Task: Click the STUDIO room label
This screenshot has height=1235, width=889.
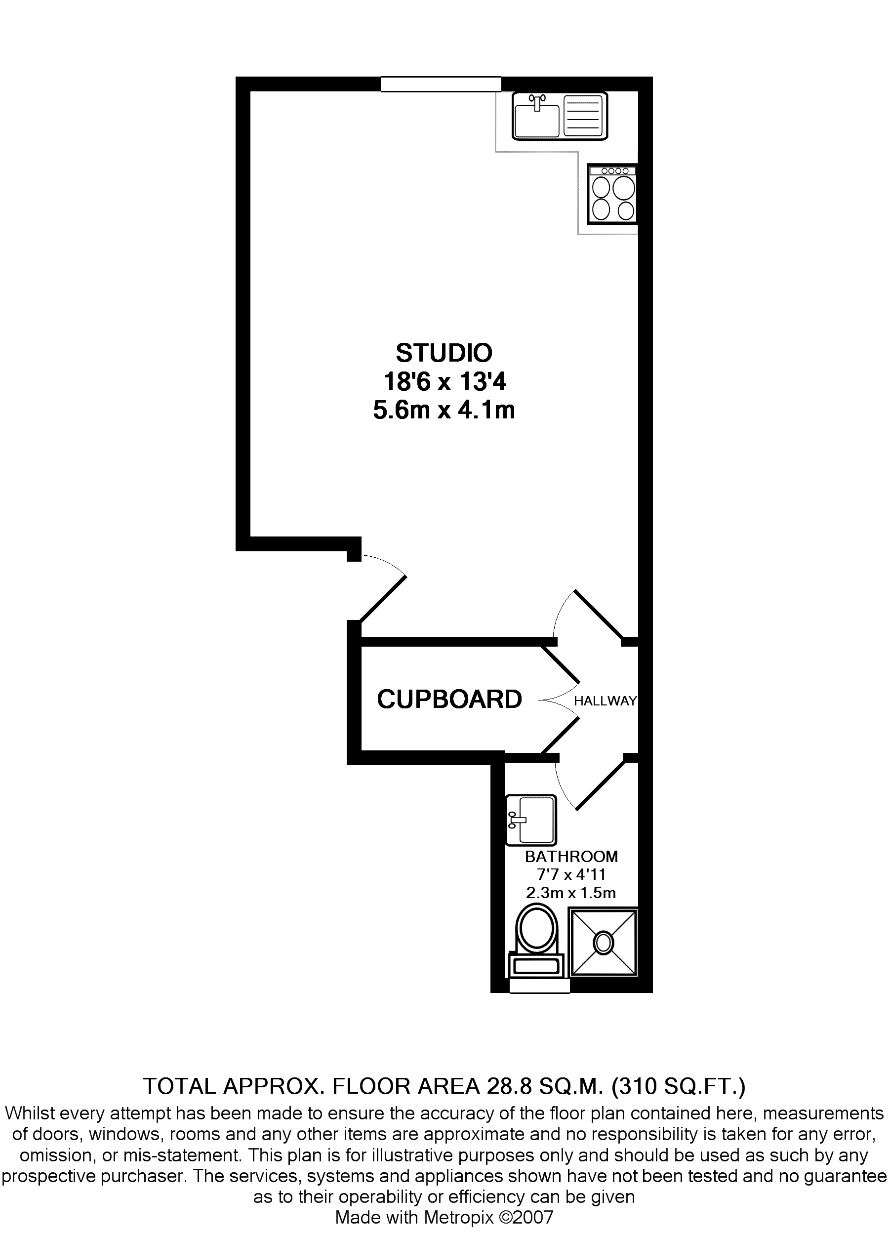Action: [444, 353]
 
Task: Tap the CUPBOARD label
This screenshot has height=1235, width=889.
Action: [449, 699]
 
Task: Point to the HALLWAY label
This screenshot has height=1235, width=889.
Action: [605, 701]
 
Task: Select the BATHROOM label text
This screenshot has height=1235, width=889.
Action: [571, 857]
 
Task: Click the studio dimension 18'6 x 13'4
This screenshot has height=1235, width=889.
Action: [445, 382]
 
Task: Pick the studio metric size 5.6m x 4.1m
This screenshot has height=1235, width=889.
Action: [444, 411]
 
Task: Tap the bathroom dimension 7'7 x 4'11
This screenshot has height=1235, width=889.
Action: [571, 875]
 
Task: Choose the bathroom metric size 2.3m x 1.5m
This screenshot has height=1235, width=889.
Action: [570, 893]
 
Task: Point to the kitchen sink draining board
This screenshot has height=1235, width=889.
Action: [584, 116]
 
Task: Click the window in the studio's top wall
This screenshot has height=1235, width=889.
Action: [441, 84]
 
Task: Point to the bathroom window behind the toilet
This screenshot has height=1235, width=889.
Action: [539, 986]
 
